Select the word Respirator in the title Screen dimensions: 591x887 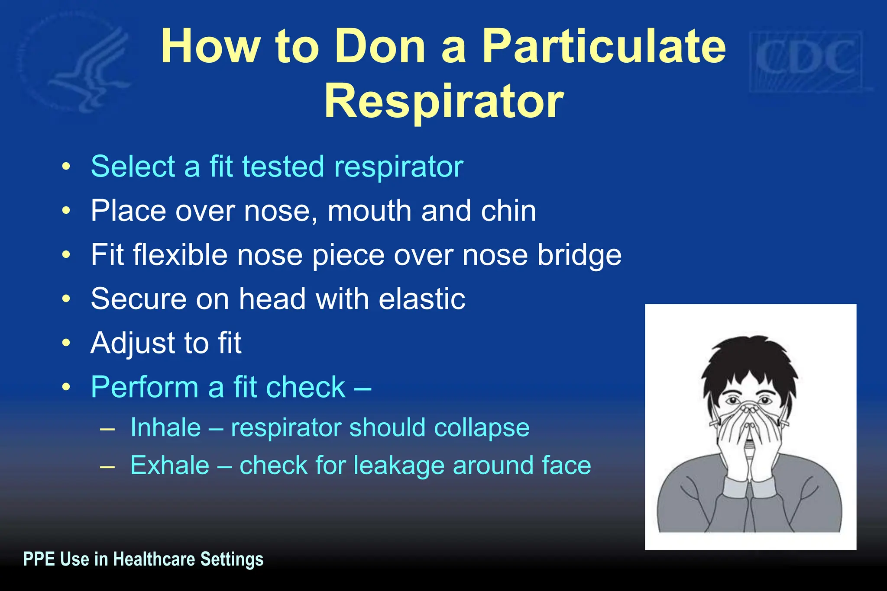coord(444,102)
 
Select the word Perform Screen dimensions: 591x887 coord(145,387)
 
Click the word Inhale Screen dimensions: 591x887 coord(165,428)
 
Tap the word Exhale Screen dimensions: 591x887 coord(170,466)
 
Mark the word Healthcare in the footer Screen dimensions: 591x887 coord(154,559)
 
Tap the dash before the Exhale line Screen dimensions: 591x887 coord(107,466)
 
